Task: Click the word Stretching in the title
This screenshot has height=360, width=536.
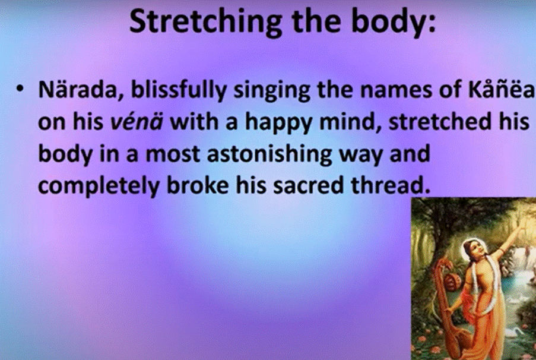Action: coord(205,22)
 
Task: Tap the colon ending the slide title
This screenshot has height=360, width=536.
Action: coord(432,24)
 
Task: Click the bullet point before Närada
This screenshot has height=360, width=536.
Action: coord(20,89)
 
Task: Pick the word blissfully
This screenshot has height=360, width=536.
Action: coord(179,90)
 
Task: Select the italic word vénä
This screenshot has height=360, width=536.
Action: coord(137,122)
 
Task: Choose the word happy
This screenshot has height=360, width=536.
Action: coord(278,123)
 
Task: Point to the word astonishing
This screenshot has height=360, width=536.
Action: coord(269,154)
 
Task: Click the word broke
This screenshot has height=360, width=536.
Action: coord(198,185)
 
